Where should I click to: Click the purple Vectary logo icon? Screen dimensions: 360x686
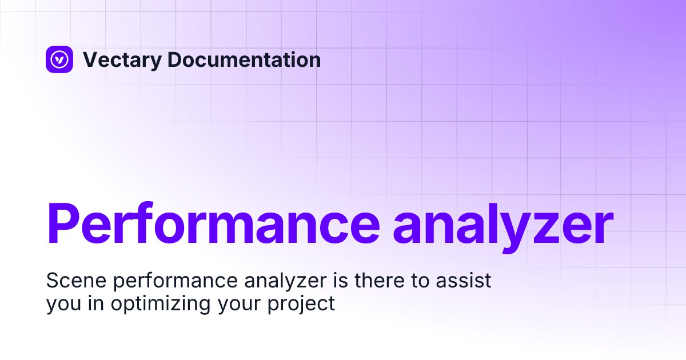point(59,59)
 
